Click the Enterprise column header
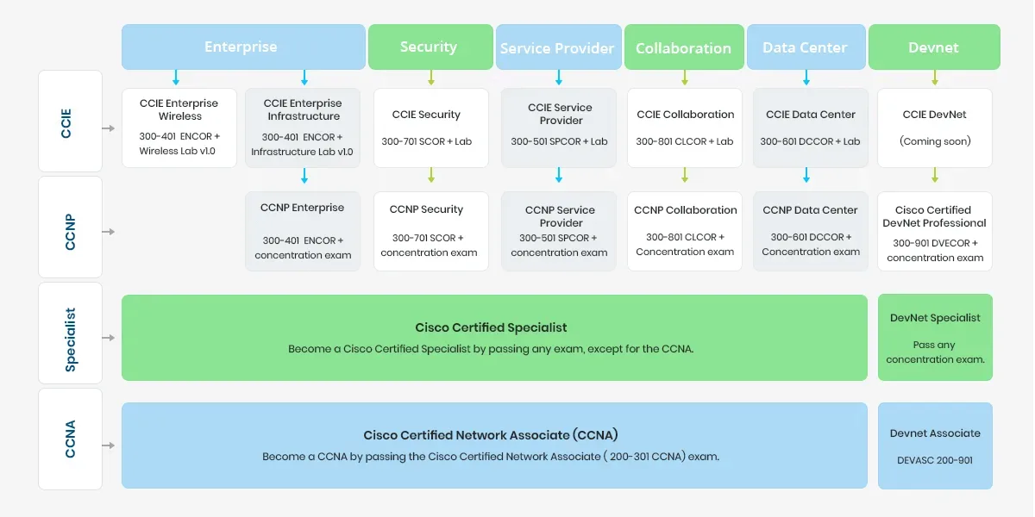click(x=242, y=47)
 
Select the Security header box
click(x=429, y=47)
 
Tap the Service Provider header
click(x=558, y=47)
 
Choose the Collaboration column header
click(x=683, y=47)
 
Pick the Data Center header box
click(x=805, y=47)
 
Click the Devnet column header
click(x=934, y=47)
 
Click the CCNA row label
click(x=70, y=439)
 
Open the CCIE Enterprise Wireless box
click(x=179, y=128)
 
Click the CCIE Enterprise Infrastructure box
click(x=303, y=128)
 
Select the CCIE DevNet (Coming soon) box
click(x=935, y=128)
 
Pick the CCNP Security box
click(x=429, y=231)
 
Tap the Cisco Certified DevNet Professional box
click(x=935, y=231)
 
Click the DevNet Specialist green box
click(x=935, y=337)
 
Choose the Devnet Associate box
click(x=935, y=445)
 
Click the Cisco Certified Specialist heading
click(x=491, y=327)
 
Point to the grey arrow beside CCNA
click(x=109, y=445)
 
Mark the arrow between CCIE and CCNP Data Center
click(x=806, y=176)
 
